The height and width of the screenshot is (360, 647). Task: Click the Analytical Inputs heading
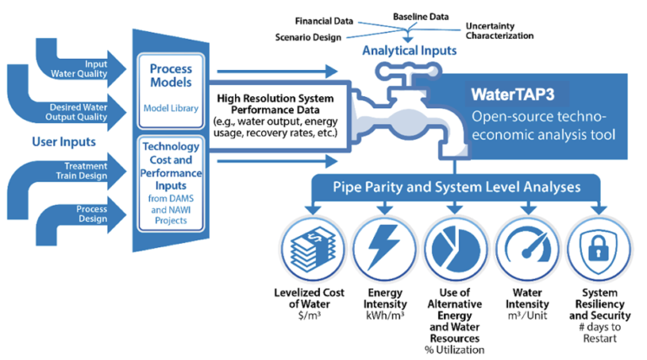[x=409, y=51]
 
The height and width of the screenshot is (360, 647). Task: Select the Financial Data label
[x=324, y=20]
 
